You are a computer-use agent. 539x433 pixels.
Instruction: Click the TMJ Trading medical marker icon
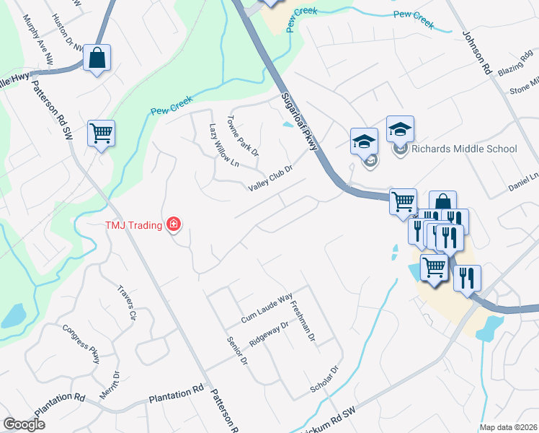173,225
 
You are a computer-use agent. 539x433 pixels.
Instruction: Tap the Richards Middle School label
464,149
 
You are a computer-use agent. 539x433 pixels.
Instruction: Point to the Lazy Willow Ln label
223,145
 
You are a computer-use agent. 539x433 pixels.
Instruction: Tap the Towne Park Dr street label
243,136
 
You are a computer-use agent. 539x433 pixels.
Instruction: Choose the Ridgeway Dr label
268,331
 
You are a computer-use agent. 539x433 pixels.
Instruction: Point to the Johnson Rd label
476,53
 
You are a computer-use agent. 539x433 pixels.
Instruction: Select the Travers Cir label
127,303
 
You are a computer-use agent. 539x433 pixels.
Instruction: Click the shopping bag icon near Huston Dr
97,57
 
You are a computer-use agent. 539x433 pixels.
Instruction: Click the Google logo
24,424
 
